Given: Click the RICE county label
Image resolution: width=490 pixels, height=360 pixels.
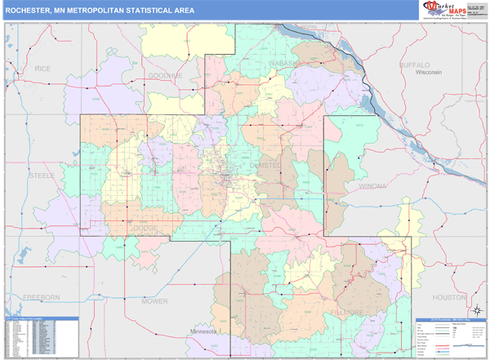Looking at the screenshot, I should click(x=42, y=69).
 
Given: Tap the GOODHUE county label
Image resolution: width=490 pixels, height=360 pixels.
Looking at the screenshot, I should click(x=166, y=76).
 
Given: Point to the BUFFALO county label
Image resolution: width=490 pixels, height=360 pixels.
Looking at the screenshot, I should click(x=419, y=64).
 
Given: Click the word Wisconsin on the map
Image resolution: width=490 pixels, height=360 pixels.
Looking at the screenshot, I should click(x=428, y=73).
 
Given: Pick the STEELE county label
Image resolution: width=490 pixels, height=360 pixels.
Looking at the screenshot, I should click(x=42, y=176).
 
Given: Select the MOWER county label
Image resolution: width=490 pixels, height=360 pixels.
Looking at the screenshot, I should click(x=154, y=301).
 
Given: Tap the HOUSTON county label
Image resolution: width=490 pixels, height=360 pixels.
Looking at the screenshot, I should click(x=448, y=298).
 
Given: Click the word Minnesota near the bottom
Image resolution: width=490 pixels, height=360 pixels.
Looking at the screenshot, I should click(x=203, y=331).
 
